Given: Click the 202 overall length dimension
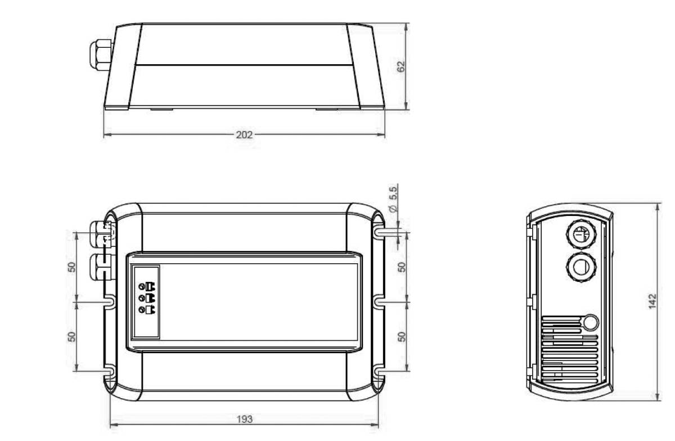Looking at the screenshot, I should click(x=244, y=135).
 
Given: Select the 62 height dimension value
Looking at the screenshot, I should click(x=401, y=66).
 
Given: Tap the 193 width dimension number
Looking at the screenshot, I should click(x=245, y=419).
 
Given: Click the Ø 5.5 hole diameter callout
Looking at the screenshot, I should click(x=393, y=200).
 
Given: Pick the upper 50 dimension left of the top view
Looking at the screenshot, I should click(x=72, y=266).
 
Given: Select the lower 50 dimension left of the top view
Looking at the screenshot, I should click(x=72, y=336).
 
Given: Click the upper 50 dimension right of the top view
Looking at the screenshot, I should click(x=402, y=266).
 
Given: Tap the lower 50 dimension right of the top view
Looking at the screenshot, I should click(x=402, y=336).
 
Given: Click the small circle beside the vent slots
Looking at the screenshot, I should click(x=589, y=322).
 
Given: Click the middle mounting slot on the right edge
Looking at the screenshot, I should click(x=379, y=302).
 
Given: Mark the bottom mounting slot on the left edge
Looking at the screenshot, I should click(x=109, y=371).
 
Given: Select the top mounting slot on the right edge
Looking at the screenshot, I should click(x=379, y=232).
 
